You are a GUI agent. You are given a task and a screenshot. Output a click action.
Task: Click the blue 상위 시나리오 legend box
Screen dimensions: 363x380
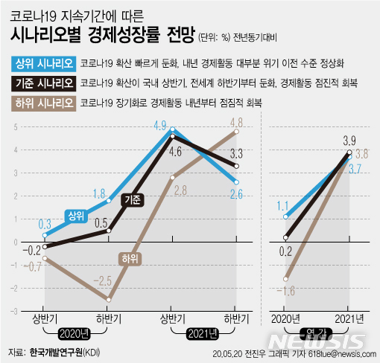pos(42,63)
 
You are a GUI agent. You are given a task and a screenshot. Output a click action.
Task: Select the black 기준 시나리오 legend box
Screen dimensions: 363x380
pos(42,83)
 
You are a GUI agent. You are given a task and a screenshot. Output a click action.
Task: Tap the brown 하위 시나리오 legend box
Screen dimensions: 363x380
pos(42,102)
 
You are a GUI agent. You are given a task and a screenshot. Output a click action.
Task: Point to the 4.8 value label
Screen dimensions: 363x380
pos(237,122)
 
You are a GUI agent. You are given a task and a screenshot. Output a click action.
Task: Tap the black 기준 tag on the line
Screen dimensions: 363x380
pos(133,200)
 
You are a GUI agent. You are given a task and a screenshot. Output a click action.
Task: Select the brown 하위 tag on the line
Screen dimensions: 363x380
pos(129,258)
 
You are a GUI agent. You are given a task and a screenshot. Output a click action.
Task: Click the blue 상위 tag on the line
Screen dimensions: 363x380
pos(75,215)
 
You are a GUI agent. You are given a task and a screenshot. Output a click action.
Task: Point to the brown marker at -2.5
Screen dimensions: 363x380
pos(109,299)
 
